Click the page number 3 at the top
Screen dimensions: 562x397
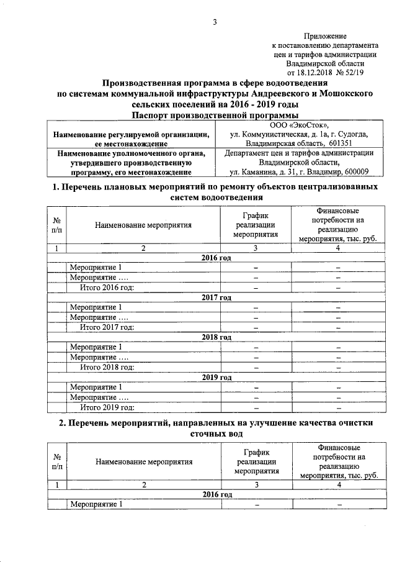[215, 23]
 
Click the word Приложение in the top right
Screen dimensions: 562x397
[326, 37]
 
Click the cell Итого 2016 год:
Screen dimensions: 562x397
[107, 288]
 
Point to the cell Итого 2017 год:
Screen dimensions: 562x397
[107, 327]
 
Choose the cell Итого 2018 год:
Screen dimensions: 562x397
[107, 368]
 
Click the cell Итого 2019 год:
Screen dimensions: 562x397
[107, 408]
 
